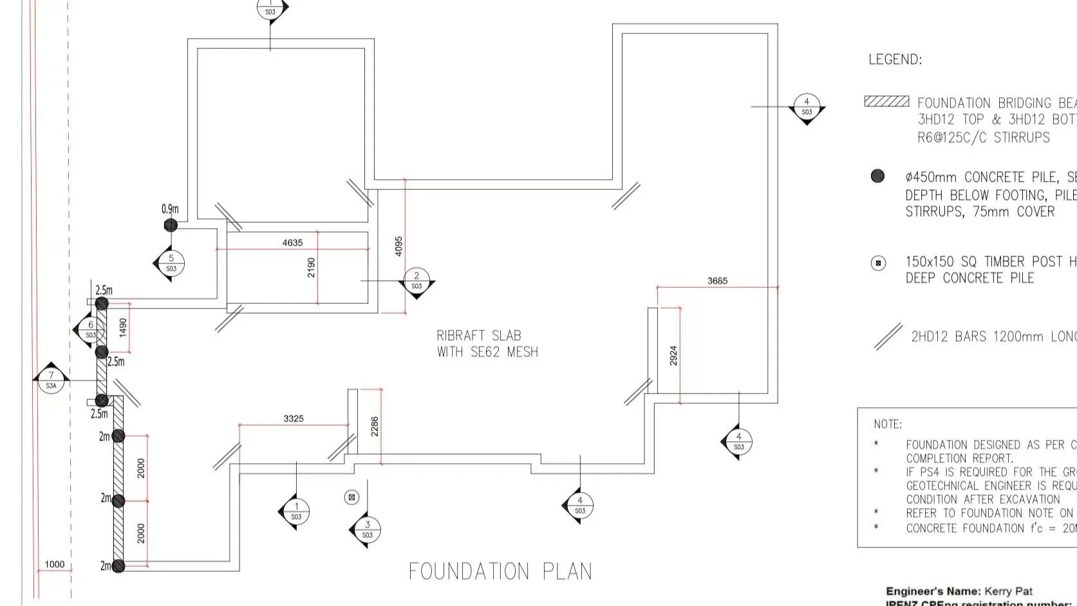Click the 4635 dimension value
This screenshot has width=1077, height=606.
(292, 243)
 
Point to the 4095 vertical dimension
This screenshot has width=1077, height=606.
(398, 246)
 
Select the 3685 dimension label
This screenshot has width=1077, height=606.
(717, 281)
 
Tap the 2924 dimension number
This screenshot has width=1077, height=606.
(673, 355)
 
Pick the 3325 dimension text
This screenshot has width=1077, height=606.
(294, 419)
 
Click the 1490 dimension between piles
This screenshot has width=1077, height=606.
(123, 328)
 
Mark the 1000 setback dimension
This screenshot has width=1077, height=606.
(55, 565)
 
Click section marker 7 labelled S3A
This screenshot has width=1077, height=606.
(51, 380)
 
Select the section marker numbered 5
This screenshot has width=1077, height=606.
(171, 263)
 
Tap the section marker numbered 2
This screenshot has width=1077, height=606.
(417, 281)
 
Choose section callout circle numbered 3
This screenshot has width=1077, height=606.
(368, 529)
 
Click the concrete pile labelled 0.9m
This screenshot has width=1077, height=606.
(171, 225)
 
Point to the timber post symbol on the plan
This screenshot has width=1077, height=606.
(351, 497)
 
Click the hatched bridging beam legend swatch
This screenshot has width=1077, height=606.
(886, 102)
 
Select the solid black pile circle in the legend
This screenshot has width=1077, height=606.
(877, 176)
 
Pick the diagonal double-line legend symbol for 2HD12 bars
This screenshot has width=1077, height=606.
(888, 337)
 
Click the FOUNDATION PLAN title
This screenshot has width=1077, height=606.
(500, 571)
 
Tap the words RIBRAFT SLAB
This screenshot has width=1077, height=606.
(479, 336)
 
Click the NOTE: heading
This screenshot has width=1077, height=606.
(888, 424)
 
